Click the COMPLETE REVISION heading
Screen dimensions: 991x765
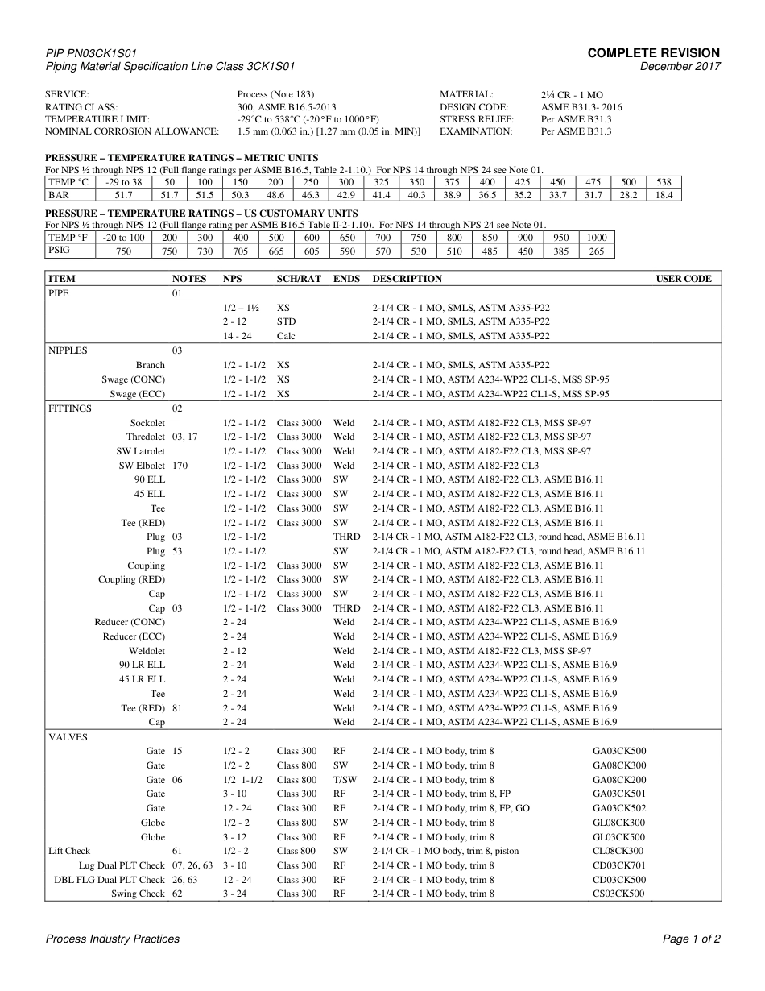click(x=653, y=53)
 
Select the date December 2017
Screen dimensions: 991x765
click(x=680, y=67)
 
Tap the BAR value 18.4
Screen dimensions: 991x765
click(x=664, y=195)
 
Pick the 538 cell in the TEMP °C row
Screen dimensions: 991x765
click(x=664, y=183)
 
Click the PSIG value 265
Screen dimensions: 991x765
click(x=597, y=251)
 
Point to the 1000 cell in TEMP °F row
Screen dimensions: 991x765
click(x=597, y=238)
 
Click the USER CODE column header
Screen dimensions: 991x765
click(x=684, y=279)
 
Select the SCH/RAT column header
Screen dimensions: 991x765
click(x=299, y=279)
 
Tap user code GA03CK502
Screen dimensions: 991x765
click(x=619, y=808)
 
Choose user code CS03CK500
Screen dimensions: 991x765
click(x=619, y=894)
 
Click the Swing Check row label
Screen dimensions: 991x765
click(x=138, y=894)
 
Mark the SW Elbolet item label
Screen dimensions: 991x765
click(x=142, y=466)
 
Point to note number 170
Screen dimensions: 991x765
click(x=180, y=466)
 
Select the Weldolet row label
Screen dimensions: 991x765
click(x=147, y=651)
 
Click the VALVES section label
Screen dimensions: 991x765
click(x=68, y=737)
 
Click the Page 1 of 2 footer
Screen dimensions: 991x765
click(x=691, y=939)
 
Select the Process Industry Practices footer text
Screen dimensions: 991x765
click(x=113, y=939)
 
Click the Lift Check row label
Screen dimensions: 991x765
click(x=69, y=851)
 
